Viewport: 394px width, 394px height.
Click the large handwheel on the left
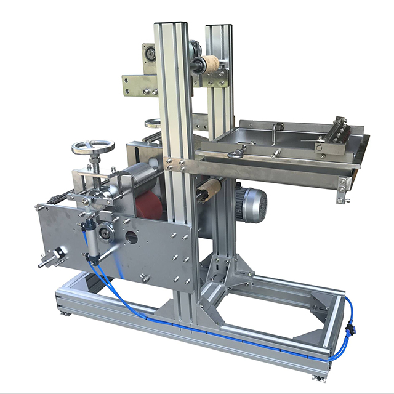(92, 147)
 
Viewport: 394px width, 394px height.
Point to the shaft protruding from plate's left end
(46, 262)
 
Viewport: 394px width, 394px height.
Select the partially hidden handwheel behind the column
(153, 123)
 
